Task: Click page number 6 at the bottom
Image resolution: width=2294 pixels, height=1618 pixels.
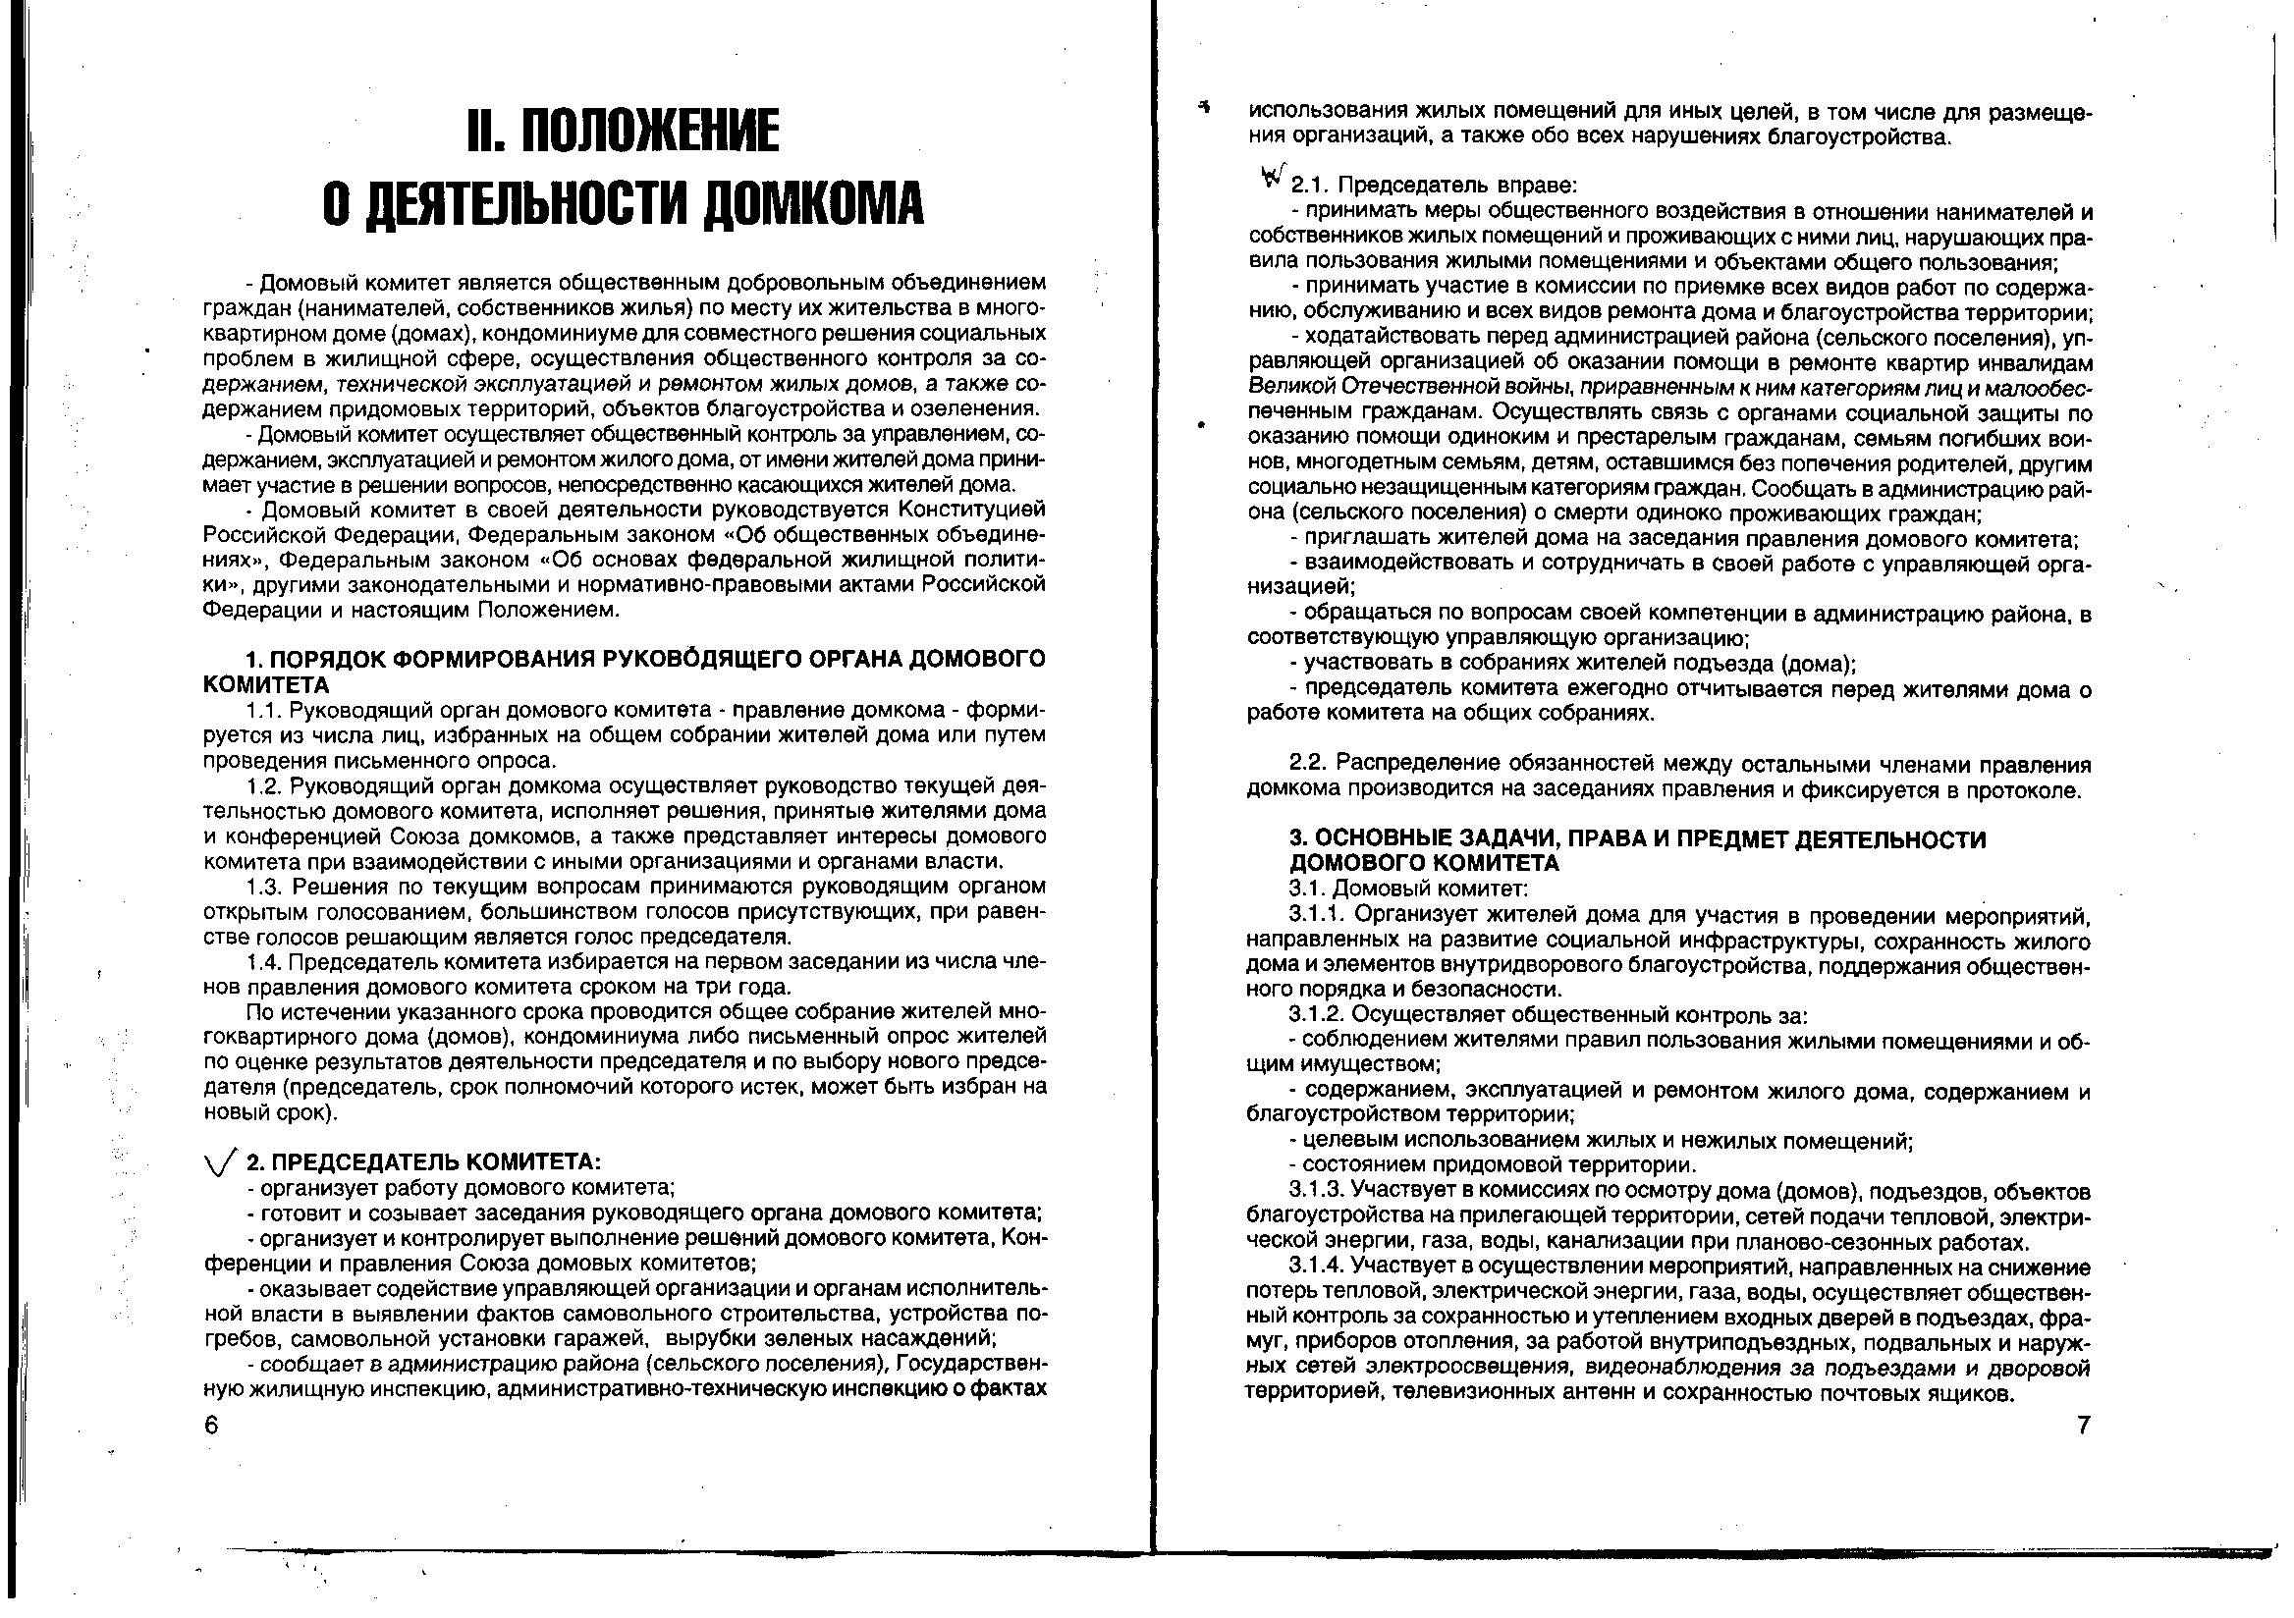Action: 211,1426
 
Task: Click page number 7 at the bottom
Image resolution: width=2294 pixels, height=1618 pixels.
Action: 2083,1426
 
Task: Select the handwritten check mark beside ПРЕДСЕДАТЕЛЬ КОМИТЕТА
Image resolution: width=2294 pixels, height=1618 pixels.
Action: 221,1162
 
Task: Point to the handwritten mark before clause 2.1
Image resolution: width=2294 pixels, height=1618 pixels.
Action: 1272,177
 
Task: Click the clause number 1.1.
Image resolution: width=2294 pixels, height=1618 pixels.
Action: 266,710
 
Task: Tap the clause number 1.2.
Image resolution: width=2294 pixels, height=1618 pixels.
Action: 266,786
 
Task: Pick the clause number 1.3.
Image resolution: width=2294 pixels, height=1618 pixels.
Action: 266,887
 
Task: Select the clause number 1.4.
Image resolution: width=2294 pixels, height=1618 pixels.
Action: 266,963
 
